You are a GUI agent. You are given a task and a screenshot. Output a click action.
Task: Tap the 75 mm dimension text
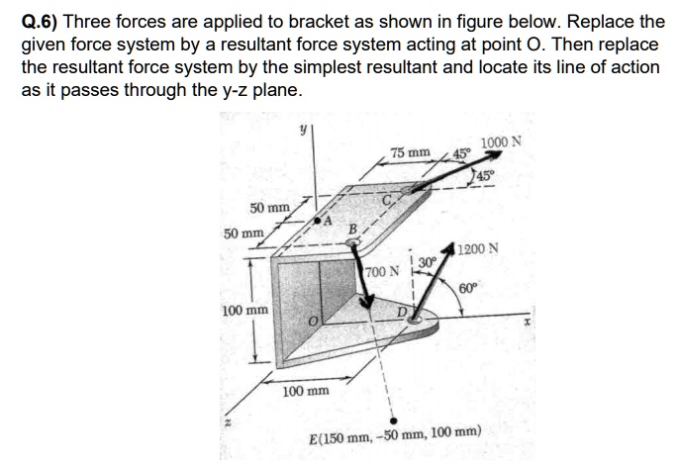click(410, 153)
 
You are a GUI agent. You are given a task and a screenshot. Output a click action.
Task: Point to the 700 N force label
click(381, 270)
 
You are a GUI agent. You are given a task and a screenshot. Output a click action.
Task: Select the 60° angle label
click(468, 288)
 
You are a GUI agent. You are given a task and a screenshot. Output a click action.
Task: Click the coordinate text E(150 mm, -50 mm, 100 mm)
click(394, 434)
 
